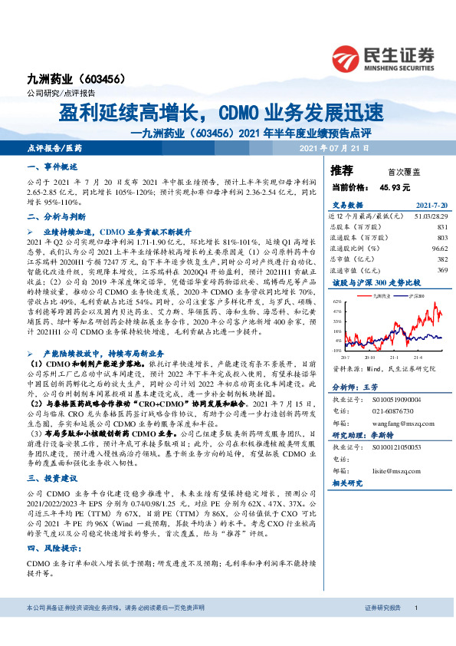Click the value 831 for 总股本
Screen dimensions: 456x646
441,228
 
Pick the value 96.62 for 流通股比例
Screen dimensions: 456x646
438,249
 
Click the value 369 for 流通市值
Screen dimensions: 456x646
441,270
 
